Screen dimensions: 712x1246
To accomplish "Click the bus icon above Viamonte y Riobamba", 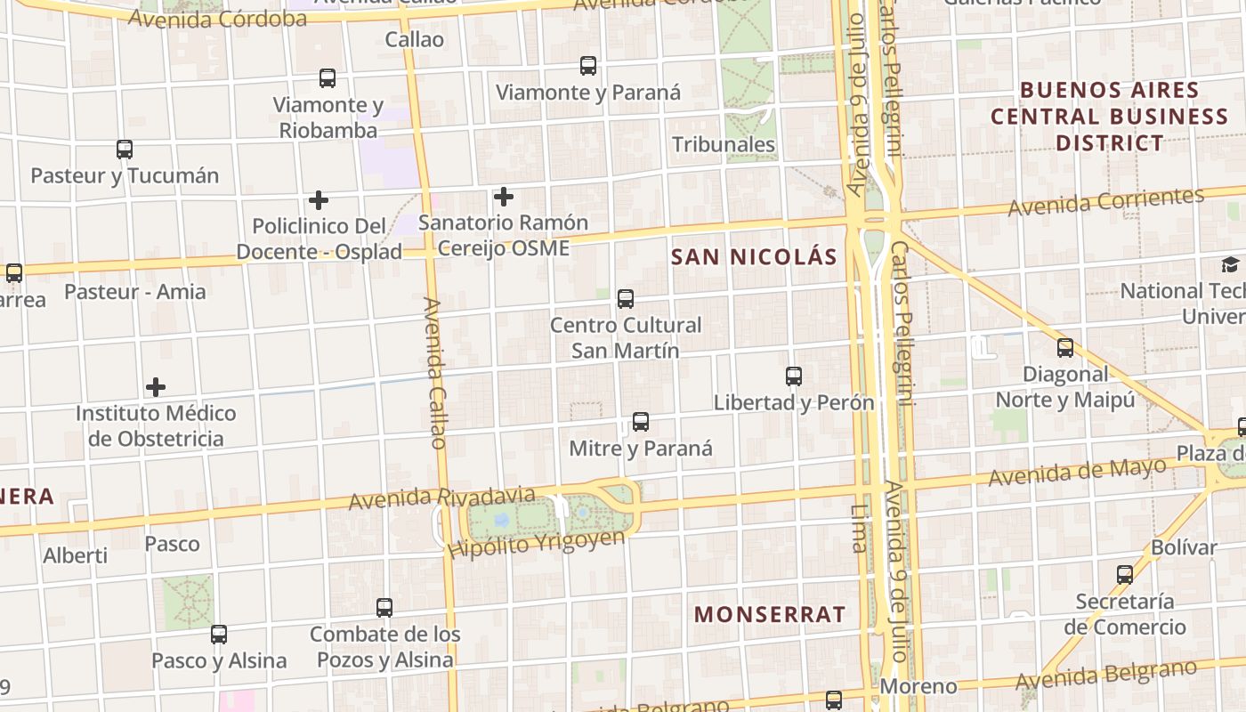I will tap(328, 78).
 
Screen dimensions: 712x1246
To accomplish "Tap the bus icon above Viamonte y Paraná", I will tap(588, 66).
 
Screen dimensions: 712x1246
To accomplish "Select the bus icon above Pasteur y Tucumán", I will tap(125, 150).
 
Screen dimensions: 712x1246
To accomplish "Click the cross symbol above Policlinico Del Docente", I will tap(319, 200).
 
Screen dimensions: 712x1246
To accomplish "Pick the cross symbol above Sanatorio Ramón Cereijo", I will tap(504, 196).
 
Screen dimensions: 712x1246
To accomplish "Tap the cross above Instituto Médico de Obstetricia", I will tap(156, 387).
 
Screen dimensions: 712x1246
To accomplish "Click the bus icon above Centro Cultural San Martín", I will tap(626, 299).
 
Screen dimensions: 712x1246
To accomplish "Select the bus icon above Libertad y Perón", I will tap(794, 376).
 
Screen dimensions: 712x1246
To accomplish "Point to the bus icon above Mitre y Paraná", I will tap(641, 422).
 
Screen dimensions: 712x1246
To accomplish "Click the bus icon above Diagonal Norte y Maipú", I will tap(1065, 348).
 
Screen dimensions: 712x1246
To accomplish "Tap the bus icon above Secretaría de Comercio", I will tap(1125, 575).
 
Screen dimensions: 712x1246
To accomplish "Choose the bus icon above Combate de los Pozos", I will tap(384, 608).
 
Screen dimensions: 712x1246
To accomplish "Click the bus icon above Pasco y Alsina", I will tap(219, 635).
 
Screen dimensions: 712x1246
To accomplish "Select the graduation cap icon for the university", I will tap(1230, 264).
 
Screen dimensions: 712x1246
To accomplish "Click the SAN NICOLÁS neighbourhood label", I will tap(754, 257).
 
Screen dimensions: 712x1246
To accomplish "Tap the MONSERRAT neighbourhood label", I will tap(770, 614).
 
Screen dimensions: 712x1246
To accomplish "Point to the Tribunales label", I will tap(723, 144).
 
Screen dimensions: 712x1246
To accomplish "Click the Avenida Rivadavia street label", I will tap(441, 498).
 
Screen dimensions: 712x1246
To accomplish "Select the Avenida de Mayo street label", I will tap(1077, 473).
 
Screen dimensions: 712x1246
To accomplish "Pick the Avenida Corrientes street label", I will tap(1105, 202).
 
